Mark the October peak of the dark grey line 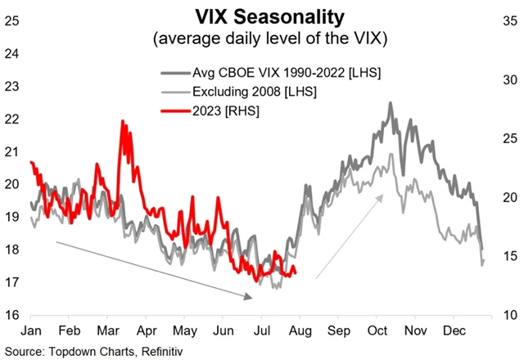click(391, 103)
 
